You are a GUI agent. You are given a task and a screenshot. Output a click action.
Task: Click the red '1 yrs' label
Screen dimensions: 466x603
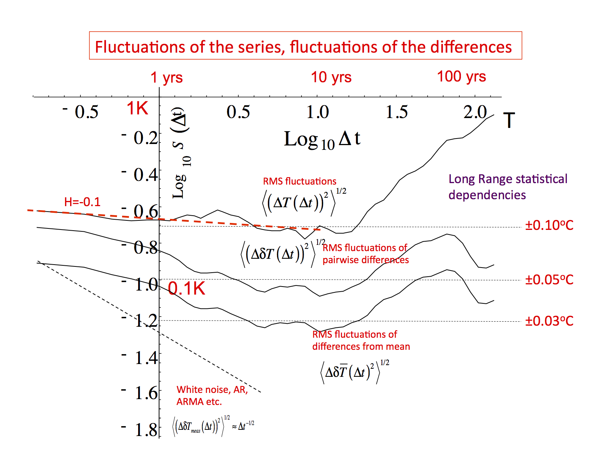(167, 77)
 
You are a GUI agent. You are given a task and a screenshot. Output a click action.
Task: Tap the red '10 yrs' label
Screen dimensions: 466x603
(331, 77)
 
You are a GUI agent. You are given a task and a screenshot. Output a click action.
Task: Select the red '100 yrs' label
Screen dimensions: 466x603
(461, 76)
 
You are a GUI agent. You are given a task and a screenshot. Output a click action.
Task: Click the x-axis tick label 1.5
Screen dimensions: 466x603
(397, 112)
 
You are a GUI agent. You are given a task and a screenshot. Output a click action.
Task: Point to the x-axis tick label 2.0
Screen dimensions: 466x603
(475, 112)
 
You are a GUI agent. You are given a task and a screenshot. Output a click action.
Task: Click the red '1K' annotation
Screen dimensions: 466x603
(137, 109)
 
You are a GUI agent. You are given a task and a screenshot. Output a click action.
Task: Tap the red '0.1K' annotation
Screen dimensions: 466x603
(187, 289)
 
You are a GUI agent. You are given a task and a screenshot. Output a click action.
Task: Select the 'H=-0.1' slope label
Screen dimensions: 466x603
(82, 202)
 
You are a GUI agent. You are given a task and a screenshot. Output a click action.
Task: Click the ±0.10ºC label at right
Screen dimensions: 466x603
(549, 225)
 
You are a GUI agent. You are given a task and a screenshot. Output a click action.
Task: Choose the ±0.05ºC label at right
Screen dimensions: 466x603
(549, 280)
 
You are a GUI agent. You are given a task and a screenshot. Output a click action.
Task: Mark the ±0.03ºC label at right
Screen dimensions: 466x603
(549, 321)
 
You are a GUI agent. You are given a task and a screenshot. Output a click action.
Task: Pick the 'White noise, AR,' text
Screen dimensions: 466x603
(212, 390)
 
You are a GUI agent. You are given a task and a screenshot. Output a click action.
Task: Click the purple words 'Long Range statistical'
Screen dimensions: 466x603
(508, 179)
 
